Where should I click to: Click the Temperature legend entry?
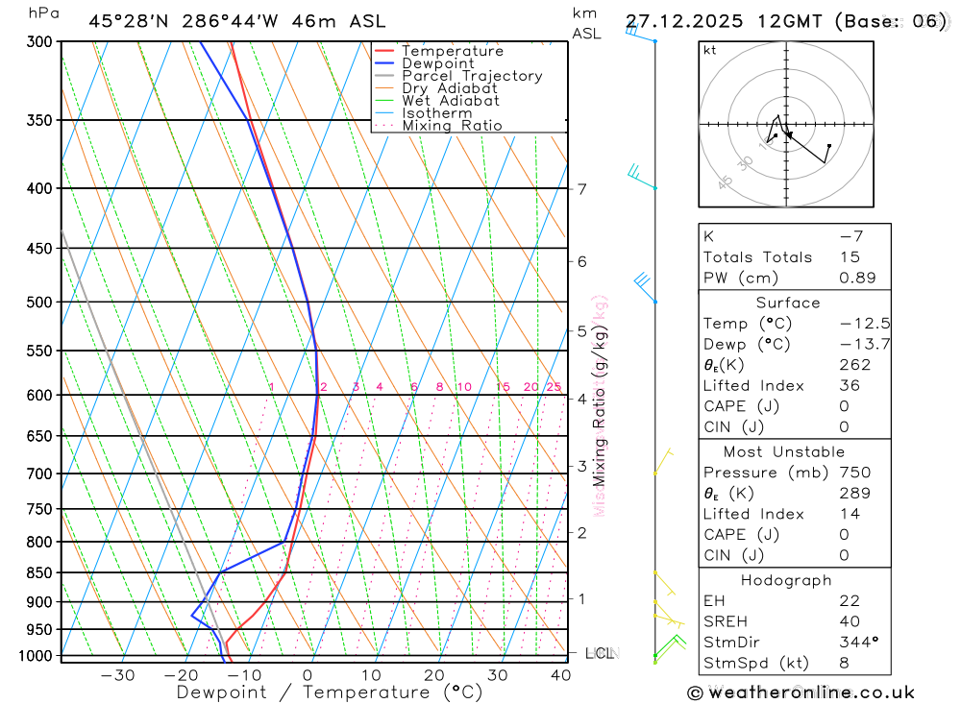tap(452, 51)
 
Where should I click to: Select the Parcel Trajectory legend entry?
tap(472, 76)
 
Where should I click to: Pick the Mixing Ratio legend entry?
tap(452, 126)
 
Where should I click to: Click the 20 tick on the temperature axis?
tap(434, 675)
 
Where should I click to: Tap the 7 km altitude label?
tap(582, 188)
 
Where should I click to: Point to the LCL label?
tap(600, 654)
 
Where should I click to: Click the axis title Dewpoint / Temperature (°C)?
tap(329, 692)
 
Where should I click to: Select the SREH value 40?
tap(849, 620)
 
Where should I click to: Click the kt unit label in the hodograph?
tap(709, 50)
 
